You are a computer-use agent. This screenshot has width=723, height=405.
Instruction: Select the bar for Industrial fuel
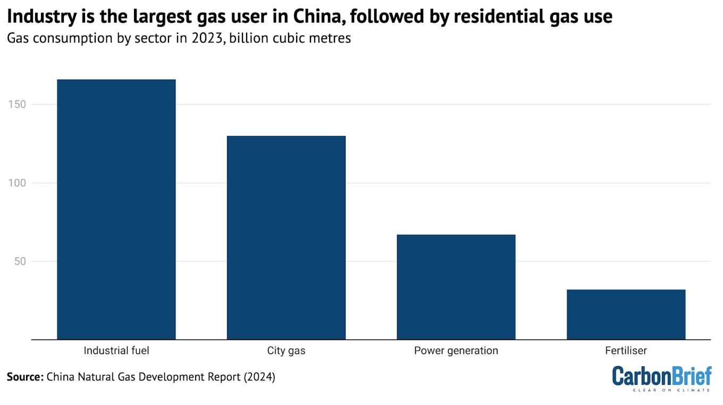[x=116, y=209]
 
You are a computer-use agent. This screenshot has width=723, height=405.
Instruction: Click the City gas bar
[x=286, y=238]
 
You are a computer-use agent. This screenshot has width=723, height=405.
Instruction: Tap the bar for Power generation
[x=456, y=287]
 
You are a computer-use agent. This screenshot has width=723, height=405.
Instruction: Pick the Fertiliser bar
[x=626, y=314]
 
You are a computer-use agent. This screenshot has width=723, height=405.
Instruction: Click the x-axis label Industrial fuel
[x=116, y=351]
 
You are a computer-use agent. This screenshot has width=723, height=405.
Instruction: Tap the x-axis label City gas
[x=286, y=351]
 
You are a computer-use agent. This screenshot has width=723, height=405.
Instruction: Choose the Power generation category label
[x=456, y=351]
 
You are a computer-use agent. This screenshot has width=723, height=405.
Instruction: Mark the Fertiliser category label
[x=626, y=351]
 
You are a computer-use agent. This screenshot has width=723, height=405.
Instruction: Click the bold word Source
[x=24, y=377]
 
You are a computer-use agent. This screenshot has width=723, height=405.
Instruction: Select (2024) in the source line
[x=257, y=377]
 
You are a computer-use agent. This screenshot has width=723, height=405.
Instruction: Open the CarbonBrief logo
[x=661, y=376]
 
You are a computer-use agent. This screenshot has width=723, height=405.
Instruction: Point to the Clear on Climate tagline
[x=671, y=390]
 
